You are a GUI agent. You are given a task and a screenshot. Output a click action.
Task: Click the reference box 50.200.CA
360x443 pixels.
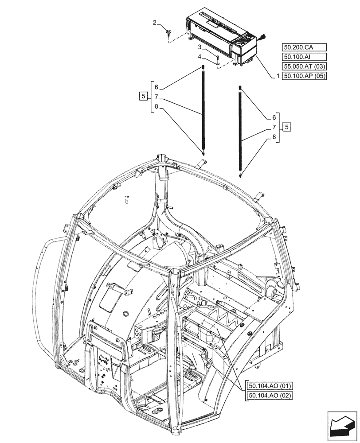303,47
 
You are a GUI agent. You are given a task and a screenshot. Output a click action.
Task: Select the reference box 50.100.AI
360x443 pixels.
303,57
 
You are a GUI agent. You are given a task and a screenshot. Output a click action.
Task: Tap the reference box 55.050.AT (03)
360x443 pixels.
303,66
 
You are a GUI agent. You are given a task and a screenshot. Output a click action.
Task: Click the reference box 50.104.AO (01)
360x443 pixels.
267,386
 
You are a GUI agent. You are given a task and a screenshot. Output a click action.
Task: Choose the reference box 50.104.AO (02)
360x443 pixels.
267,396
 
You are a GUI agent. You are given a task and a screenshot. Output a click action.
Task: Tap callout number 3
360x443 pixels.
200,47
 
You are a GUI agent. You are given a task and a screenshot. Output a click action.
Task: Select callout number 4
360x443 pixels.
200,56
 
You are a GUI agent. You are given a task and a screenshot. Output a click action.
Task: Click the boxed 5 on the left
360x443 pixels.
143,96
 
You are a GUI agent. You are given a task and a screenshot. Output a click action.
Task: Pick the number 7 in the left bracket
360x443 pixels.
157,97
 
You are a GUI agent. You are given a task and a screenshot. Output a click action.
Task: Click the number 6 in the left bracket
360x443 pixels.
157,87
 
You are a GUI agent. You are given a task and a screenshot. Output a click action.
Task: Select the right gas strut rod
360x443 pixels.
241,131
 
